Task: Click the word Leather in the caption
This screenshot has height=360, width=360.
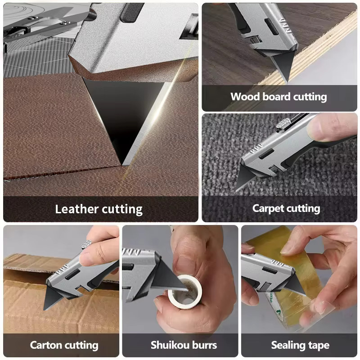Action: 77,209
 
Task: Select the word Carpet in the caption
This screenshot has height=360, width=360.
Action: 268,209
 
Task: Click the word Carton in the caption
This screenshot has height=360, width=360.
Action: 46,345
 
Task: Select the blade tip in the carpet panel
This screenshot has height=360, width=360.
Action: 237,190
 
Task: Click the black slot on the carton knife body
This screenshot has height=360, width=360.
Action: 72,274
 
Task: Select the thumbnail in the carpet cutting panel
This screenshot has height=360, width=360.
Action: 318,129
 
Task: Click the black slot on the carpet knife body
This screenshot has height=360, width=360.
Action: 266,153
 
